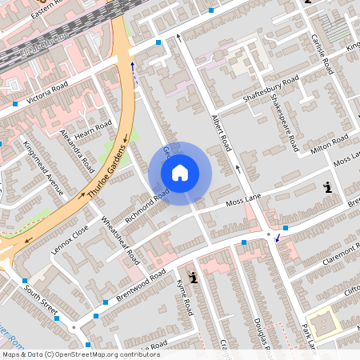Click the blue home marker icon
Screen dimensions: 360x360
[180, 172]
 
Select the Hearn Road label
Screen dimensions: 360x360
[94, 126]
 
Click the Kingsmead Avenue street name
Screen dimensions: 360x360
[43, 168]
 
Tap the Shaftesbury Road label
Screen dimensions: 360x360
[270, 89]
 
